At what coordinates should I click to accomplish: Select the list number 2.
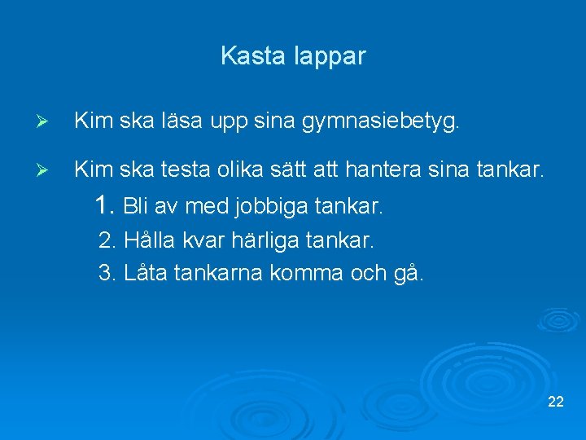pyautogui.click(x=107, y=241)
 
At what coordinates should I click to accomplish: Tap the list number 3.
pyautogui.click(x=107, y=272)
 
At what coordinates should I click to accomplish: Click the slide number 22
pyautogui.click(x=557, y=402)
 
